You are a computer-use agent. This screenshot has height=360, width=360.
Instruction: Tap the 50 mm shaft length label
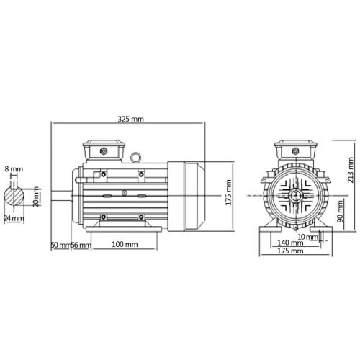[x=60, y=246]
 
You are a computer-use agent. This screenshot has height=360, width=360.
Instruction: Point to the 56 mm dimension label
[x=80, y=246]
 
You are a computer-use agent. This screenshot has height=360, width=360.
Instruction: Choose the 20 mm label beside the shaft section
[x=37, y=197]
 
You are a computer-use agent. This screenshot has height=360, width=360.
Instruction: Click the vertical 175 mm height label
[x=229, y=194]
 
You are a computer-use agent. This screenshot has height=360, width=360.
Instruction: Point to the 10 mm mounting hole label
[x=308, y=235]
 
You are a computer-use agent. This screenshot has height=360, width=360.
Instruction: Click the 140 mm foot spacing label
[x=291, y=243]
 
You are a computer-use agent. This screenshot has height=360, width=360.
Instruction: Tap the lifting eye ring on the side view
[x=135, y=155]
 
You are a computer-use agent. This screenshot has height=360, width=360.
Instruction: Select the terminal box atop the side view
[x=103, y=150]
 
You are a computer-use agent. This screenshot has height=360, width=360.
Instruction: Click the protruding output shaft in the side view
[x=62, y=195]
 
